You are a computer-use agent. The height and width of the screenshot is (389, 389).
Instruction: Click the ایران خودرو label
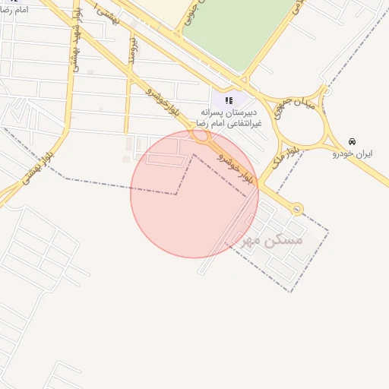point(353,153)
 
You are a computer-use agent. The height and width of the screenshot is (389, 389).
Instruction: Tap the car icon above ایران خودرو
point(352,142)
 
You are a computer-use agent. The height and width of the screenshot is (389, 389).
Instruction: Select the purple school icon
point(229,100)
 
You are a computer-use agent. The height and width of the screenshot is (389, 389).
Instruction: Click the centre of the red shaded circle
point(194,194)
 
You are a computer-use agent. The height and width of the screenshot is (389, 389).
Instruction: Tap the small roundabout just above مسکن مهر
point(297,208)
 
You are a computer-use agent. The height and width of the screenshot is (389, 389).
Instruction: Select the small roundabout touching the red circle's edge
point(201,136)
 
